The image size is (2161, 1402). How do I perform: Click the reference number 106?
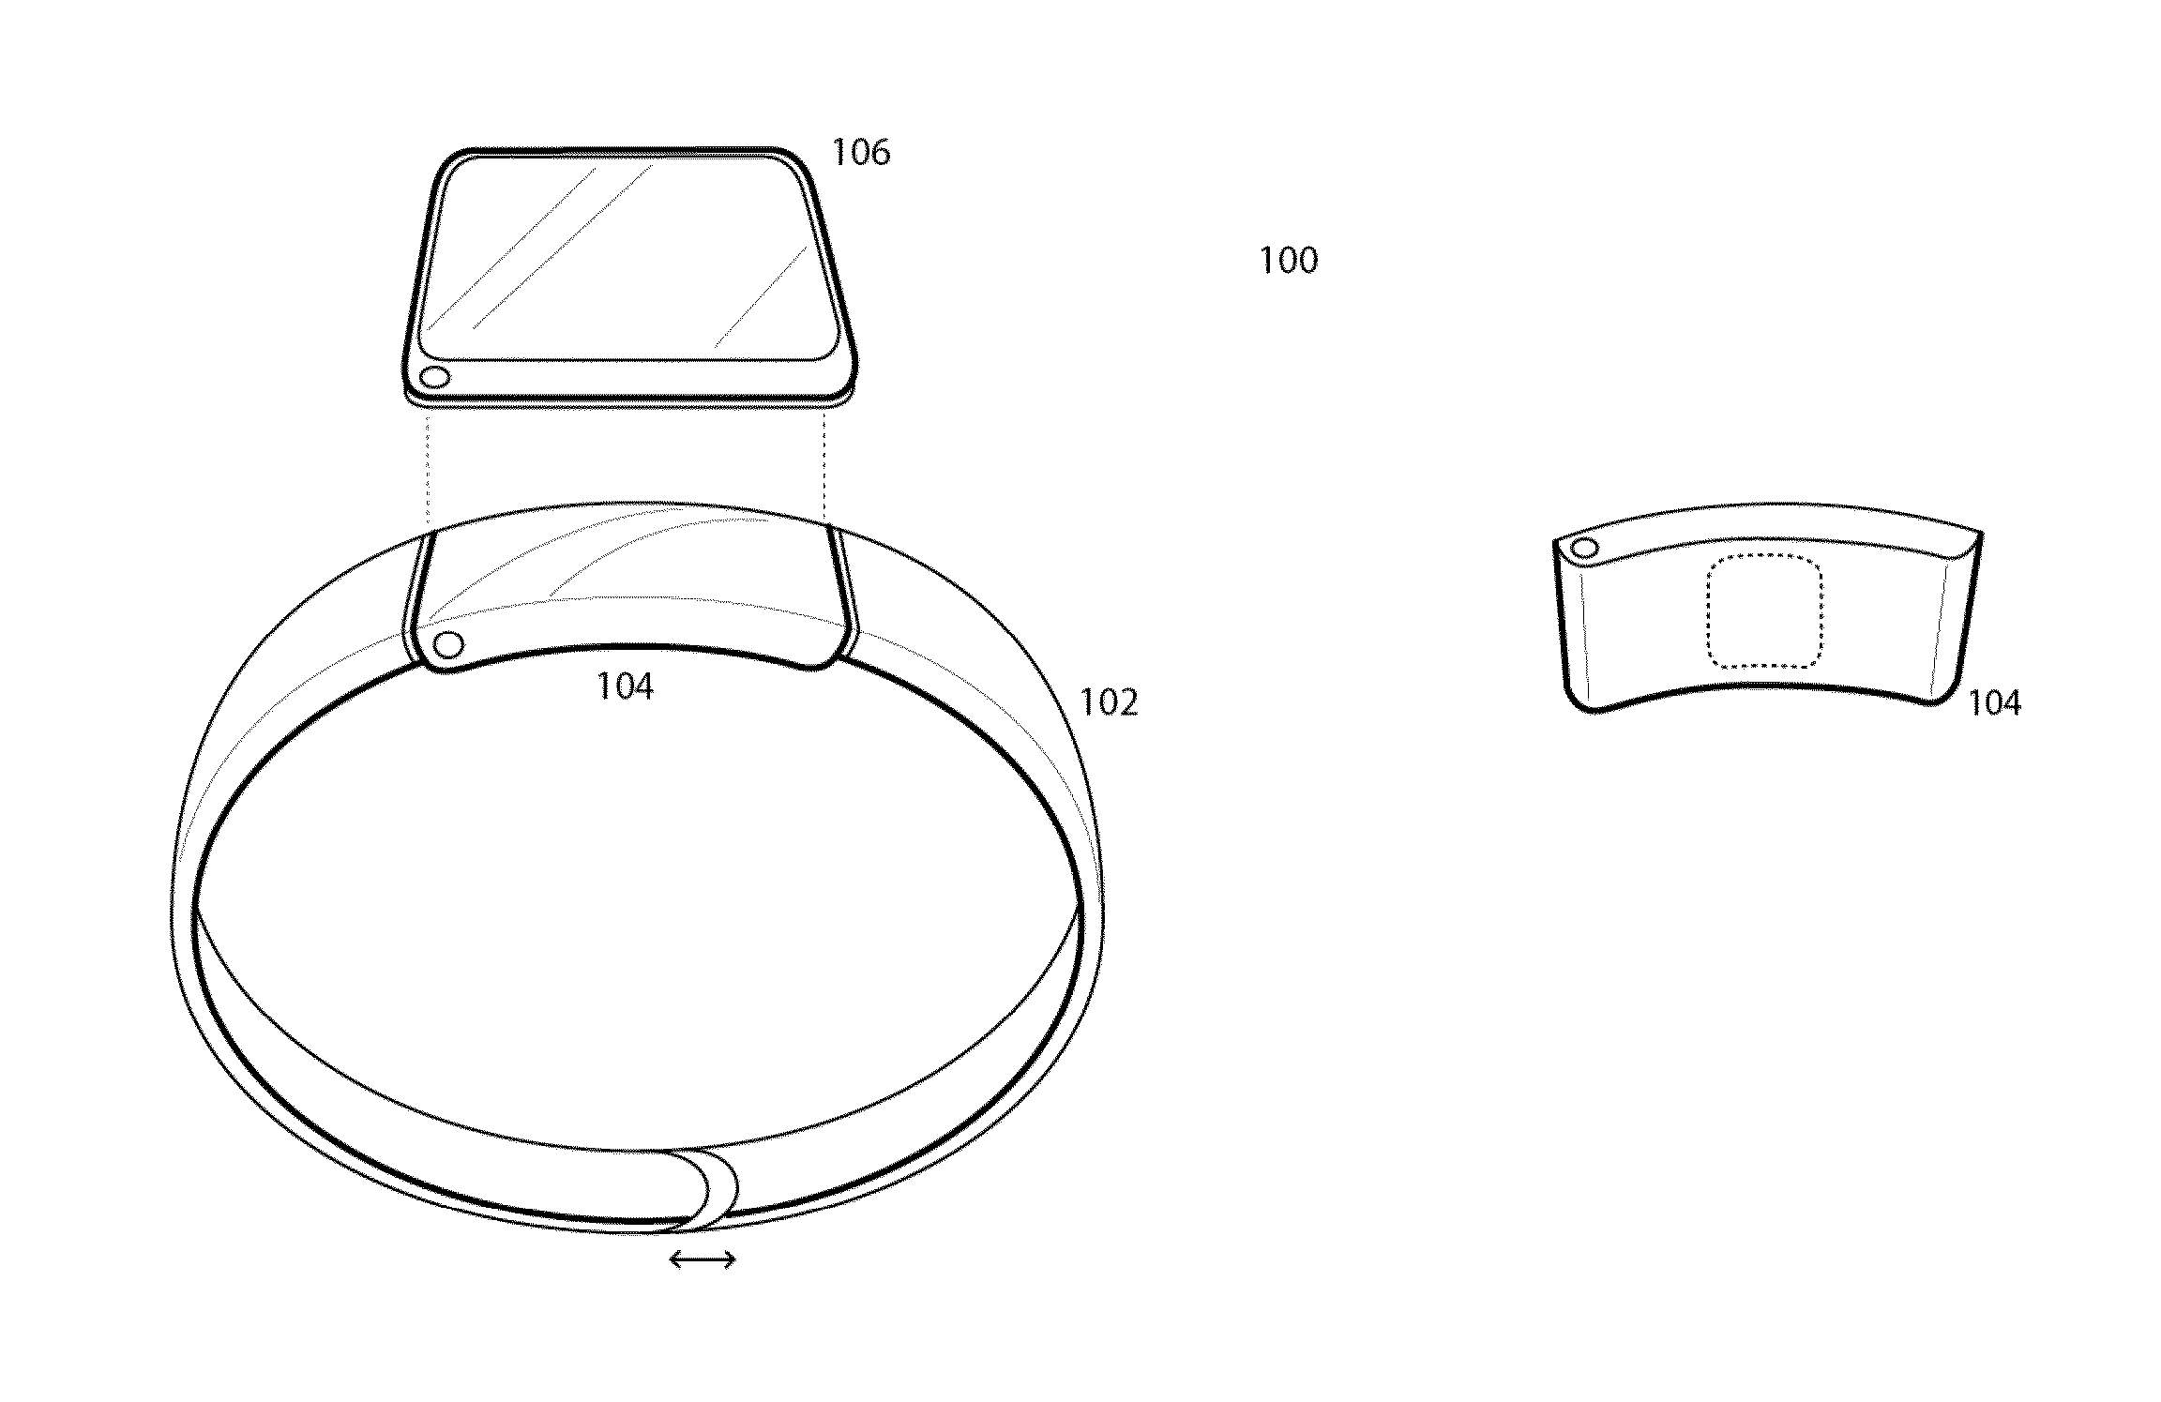point(861,152)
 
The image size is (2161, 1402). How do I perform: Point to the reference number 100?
point(1288,260)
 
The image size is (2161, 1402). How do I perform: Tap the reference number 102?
point(1109,702)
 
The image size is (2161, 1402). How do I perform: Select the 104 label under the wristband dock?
point(625,687)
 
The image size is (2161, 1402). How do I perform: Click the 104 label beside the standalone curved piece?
point(1994,702)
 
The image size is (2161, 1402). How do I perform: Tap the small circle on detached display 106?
point(434,378)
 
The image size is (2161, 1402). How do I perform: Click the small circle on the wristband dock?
point(449,645)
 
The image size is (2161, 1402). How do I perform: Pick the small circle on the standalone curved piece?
point(1585,549)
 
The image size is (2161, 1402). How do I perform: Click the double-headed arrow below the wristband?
point(703,1260)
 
